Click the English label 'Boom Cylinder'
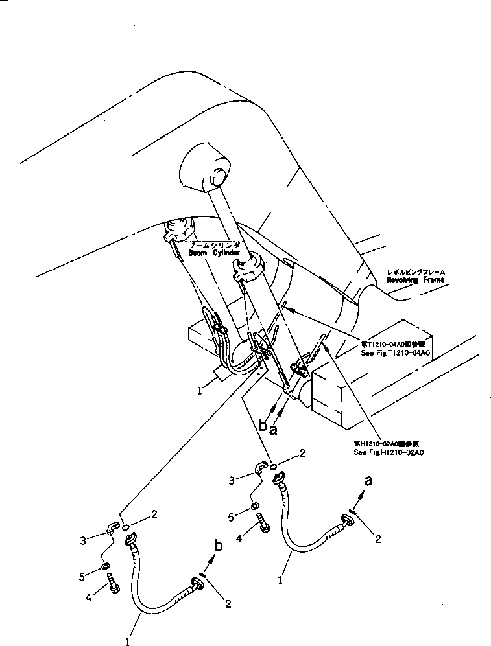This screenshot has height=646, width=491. coord(214,254)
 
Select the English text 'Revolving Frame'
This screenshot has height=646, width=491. coord(416,281)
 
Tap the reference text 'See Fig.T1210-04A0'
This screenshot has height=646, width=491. coord(396,352)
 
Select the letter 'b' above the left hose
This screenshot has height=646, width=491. coord(219,546)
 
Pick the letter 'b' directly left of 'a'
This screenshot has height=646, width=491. coord(263,426)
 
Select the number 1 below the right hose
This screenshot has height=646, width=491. coord(280,581)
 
